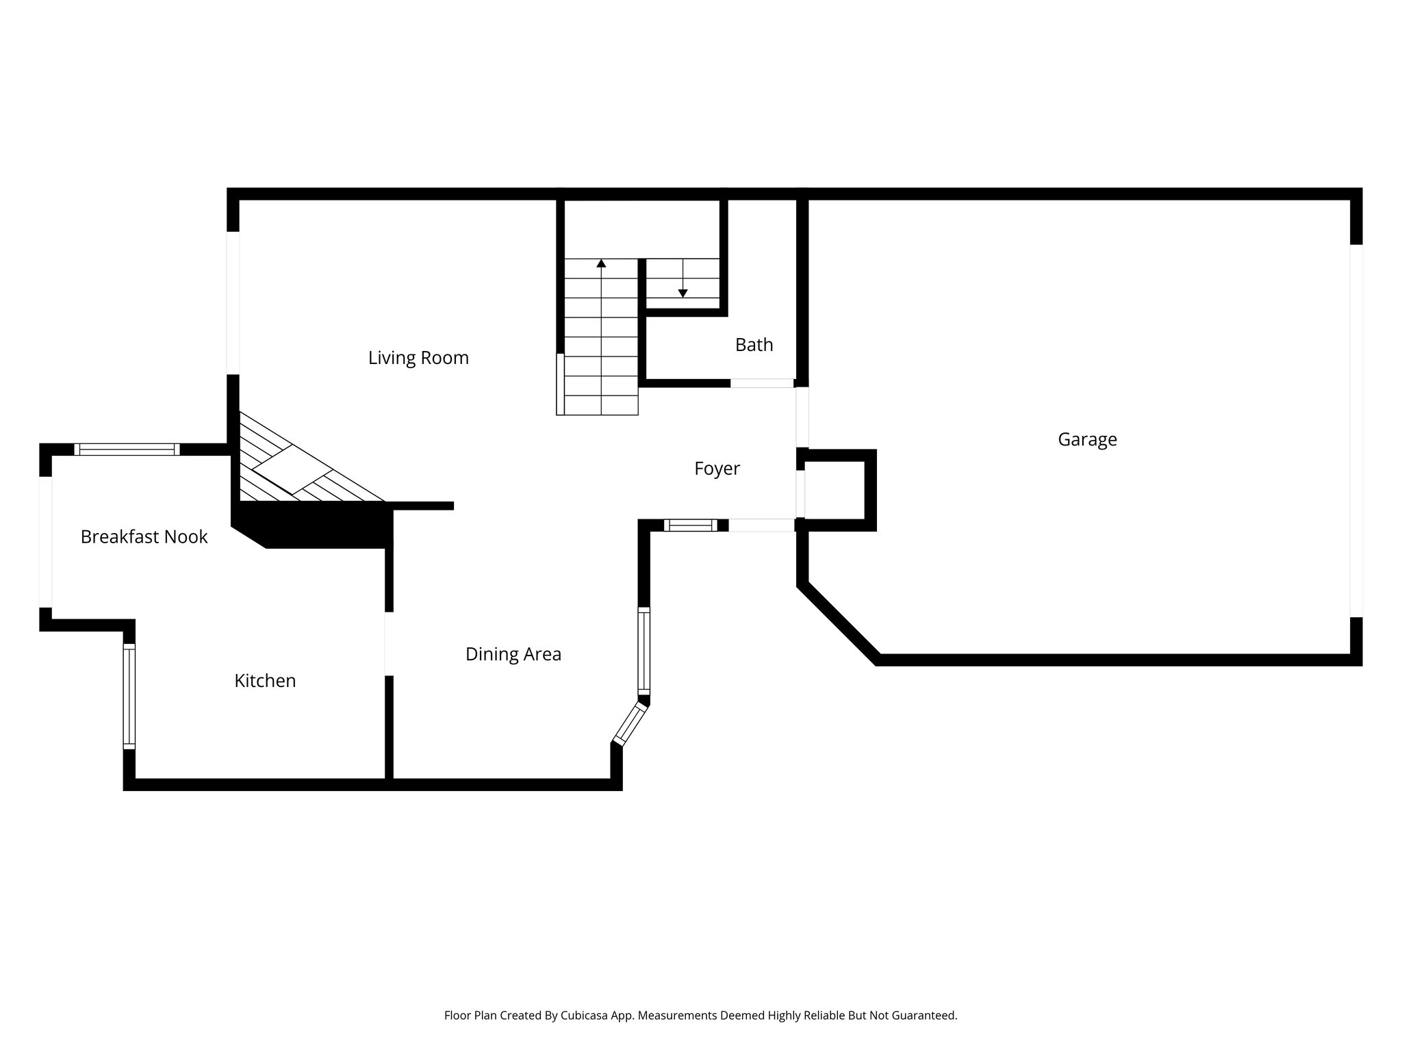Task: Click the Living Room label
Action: pyautogui.click(x=418, y=358)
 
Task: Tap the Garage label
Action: pyautogui.click(x=1087, y=439)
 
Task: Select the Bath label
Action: pyautogui.click(x=754, y=345)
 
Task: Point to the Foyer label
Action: pyautogui.click(x=717, y=469)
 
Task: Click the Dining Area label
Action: pyautogui.click(x=513, y=654)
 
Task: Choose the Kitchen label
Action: pyautogui.click(x=265, y=681)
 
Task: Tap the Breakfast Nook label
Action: pyautogui.click(x=144, y=537)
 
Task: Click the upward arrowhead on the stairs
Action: pyautogui.click(x=601, y=263)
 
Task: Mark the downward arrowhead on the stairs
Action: pyautogui.click(x=683, y=293)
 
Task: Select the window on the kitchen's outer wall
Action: pyautogui.click(x=129, y=697)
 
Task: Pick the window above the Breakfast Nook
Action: pyautogui.click(x=127, y=450)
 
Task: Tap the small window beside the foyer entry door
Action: pyautogui.click(x=690, y=525)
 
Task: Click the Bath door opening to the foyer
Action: pyautogui.click(x=761, y=383)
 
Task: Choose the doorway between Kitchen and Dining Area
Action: pyautogui.click(x=389, y=643)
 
